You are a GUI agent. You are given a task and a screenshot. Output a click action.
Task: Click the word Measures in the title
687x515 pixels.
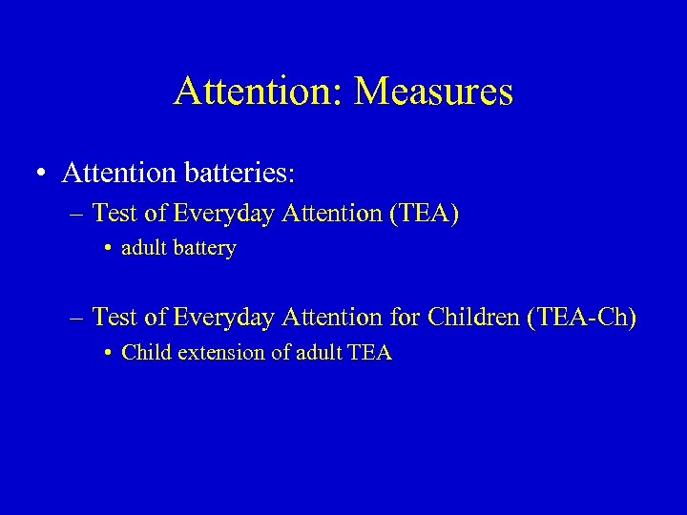[433, 93]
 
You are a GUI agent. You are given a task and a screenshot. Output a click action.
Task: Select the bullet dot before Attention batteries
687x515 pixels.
[40, 175]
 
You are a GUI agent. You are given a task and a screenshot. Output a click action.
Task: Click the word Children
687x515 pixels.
[471, 318]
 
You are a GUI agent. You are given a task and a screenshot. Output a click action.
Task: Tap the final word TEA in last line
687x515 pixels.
[370, 353]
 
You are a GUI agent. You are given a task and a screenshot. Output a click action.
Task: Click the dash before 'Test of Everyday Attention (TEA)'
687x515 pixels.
[76, 215]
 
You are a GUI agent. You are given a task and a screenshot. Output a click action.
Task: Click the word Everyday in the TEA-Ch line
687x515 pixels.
[208, 318]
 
